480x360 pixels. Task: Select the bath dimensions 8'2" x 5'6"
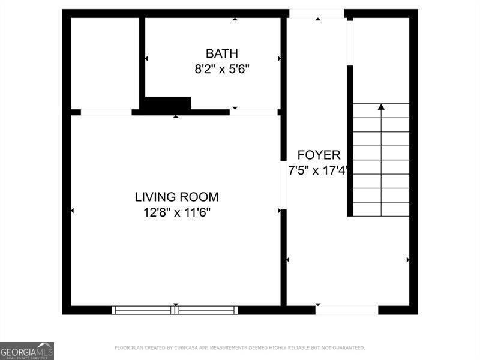(221, 68)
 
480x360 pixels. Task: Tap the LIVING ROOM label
(176, 197)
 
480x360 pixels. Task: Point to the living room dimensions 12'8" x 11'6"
(176, 212)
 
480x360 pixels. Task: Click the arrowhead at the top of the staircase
(381, 107)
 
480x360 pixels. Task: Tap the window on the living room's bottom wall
(175, 310)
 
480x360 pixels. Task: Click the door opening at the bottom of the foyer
(347, 310)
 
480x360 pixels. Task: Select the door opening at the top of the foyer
(317, 13)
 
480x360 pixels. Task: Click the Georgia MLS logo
(27, 350)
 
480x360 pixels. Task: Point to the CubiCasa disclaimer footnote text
(239, 348)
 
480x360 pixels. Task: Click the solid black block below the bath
(168, 103)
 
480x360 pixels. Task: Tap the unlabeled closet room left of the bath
(105, 63)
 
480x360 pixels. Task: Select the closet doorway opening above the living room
(106, 112)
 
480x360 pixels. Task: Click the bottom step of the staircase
(381, 209)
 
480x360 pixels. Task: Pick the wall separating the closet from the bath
(142, 60)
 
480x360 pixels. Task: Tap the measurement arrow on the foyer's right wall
(408, 260)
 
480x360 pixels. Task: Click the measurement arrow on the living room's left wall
(73, 211)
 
